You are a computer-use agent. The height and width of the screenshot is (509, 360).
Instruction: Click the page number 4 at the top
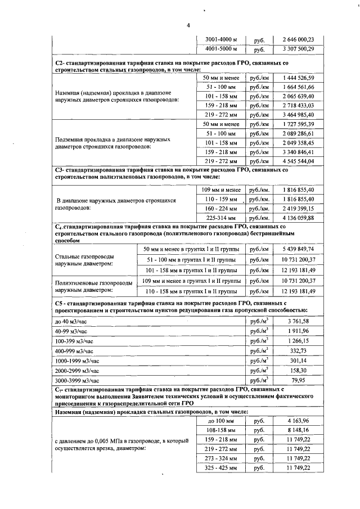(x=188, y=25)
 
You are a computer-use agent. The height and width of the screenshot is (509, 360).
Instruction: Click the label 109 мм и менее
(x=221, y=190)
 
